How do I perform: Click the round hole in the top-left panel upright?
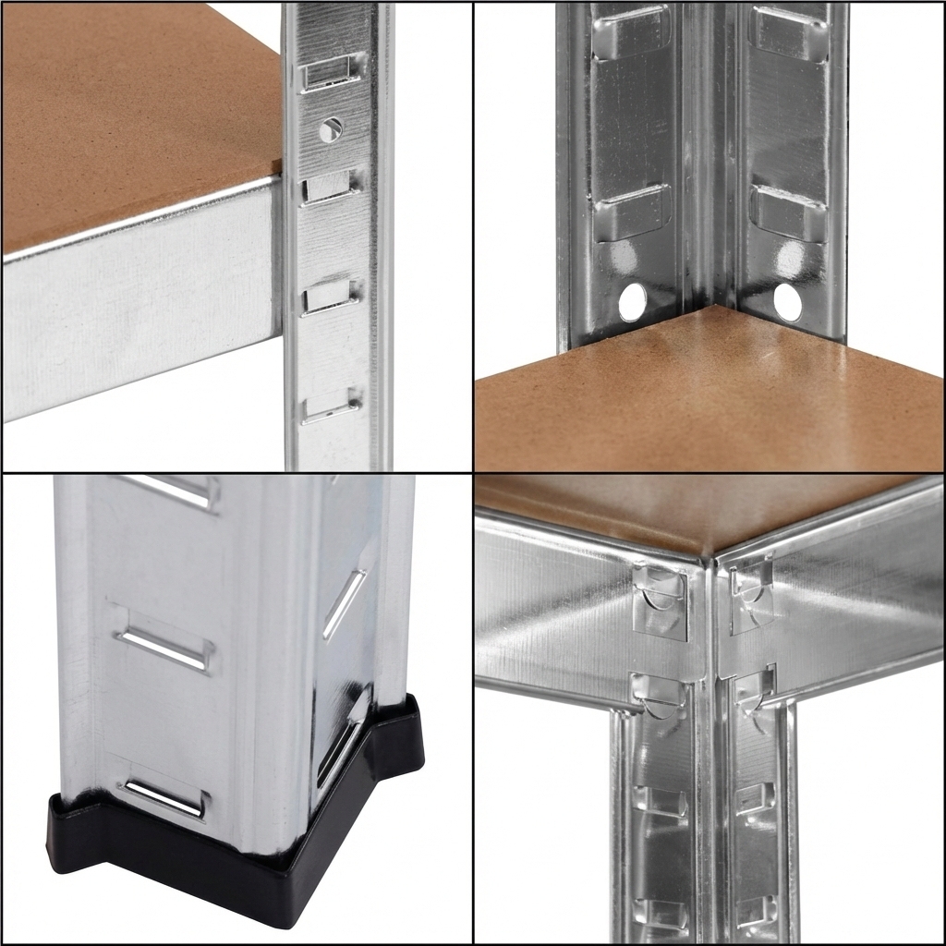(330, 129)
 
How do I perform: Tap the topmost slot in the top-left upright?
(332, 71)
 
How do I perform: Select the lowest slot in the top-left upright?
(331, 406)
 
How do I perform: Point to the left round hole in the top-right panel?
(633, 302)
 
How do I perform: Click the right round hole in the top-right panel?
(787, 302)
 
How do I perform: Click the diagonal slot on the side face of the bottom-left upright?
(344, 604)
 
